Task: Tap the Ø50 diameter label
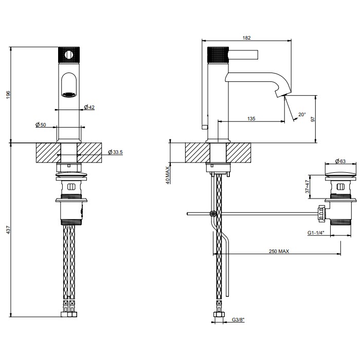click(41, 124)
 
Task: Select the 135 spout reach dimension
click(251, 119)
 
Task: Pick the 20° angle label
click(301, 114)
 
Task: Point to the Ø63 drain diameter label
click(339, 161)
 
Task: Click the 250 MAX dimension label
click(279, 251)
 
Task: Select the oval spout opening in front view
click(69, 85)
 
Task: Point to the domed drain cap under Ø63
click(339, 174)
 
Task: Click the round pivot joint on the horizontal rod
click(212, 213)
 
